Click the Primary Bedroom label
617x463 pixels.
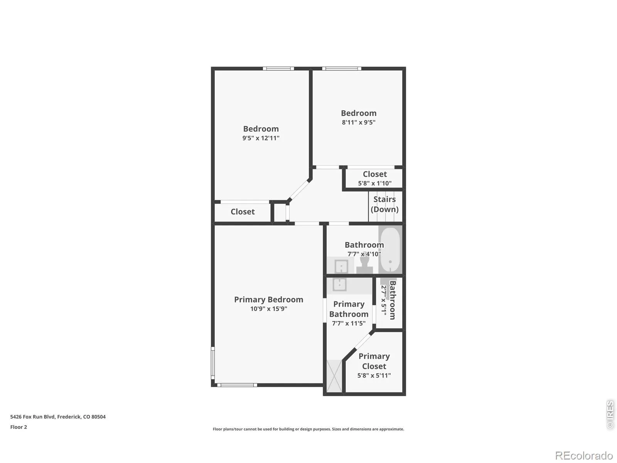268,300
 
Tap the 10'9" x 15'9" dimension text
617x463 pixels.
268,309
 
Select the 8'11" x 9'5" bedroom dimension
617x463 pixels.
358,122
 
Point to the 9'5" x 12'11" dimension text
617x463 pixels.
261,138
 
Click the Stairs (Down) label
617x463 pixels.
384,204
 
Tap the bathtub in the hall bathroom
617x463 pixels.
390,250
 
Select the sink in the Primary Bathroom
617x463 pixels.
339,284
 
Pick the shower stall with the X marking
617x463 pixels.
334,376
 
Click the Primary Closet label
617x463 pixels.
374,361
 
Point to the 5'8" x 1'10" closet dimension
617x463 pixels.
374,183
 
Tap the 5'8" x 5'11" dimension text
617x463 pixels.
374,375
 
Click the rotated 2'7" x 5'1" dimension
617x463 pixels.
384,300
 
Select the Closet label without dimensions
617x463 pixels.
243,212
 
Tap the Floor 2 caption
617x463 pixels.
19,427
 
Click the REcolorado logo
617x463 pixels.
584,455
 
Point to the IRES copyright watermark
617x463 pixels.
610,414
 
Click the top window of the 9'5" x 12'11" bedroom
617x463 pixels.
278,69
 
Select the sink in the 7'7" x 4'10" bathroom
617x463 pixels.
341,266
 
